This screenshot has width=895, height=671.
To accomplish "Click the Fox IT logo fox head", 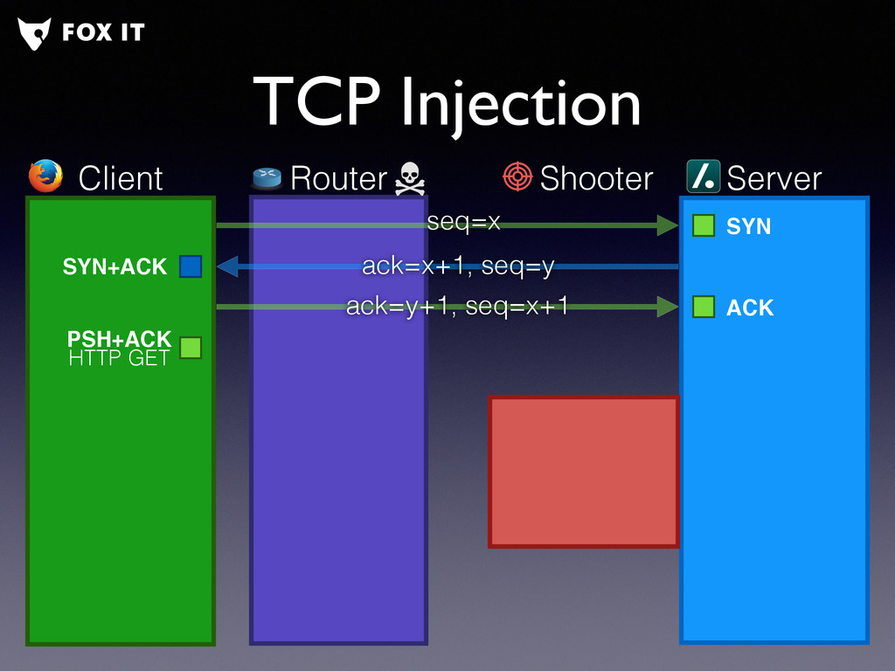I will pos(34,33).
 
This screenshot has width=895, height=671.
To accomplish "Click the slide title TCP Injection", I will pos(447,103).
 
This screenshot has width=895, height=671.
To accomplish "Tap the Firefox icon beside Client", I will pos(45,176).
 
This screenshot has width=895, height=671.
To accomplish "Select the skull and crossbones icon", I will pos(408,178).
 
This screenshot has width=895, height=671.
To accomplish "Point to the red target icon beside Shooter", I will pos(517,176).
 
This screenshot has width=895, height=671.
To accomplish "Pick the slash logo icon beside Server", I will pos(703,176).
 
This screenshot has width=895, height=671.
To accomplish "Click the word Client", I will pos(121,178).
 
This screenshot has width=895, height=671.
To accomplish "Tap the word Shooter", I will pos(596,178).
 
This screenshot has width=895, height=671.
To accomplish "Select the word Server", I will pos(774,178).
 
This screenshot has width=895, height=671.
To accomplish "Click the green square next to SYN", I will pos(704,226).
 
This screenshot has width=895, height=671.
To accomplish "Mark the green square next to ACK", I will pos(704,307).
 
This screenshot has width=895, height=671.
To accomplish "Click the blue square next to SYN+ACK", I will pos(191,266).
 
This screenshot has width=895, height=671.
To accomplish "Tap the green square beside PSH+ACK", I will pos(191,348).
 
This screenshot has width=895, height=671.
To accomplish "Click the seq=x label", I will pos(463,223).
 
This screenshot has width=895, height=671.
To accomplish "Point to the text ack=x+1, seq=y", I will pos(458,266).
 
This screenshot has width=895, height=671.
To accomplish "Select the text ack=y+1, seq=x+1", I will pos(457,306).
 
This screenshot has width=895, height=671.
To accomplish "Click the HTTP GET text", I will pos(118,357).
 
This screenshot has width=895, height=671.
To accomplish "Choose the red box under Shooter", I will pos(583,472).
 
